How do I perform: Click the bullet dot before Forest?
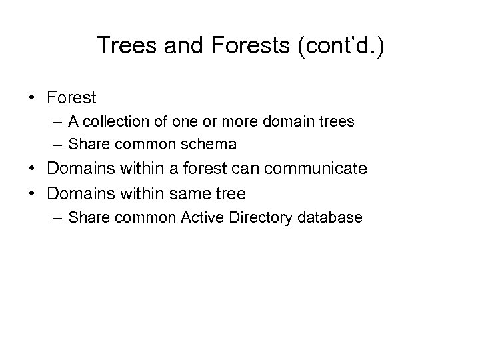tap(32, 98)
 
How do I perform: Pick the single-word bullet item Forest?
tap(72, 98)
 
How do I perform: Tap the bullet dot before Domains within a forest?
tap(32, 169)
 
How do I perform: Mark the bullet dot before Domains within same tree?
tap(32, 194)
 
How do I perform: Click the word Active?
tap(200, 217)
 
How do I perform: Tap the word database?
tap(330, 217)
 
